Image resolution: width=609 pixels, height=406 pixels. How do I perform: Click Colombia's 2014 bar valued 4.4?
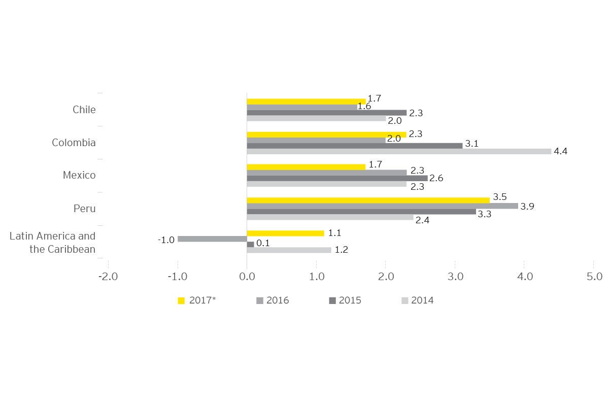point(399,151)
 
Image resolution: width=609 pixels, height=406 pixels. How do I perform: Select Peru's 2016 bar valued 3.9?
point(382,206)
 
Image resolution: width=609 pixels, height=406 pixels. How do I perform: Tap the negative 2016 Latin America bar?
point(212,239)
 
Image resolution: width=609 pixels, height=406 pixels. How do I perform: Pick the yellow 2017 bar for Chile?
point(306,101)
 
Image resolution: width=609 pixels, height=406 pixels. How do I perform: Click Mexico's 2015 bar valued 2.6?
point(337,178)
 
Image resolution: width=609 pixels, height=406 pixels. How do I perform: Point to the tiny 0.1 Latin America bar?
point(250,245)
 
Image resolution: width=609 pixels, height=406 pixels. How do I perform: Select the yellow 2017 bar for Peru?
point(368,200)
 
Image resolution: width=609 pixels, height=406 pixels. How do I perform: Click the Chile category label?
point(84,110)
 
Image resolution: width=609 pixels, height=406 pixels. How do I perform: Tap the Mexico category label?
point(79,175)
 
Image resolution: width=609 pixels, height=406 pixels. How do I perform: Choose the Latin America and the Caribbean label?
point(52,243)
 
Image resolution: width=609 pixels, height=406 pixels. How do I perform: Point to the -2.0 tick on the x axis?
point(108,277)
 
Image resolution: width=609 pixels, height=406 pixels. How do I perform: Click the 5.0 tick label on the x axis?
point(594,277)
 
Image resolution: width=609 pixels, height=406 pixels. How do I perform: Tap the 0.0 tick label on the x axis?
point(247,277)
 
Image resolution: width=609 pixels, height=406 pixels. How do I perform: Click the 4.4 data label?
point(560,151)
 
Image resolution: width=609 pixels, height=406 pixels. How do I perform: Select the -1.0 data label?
point(166,240)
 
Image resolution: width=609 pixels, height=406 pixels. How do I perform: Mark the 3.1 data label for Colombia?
point(472,144)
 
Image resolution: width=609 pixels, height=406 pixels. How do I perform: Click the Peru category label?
point(85,209)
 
